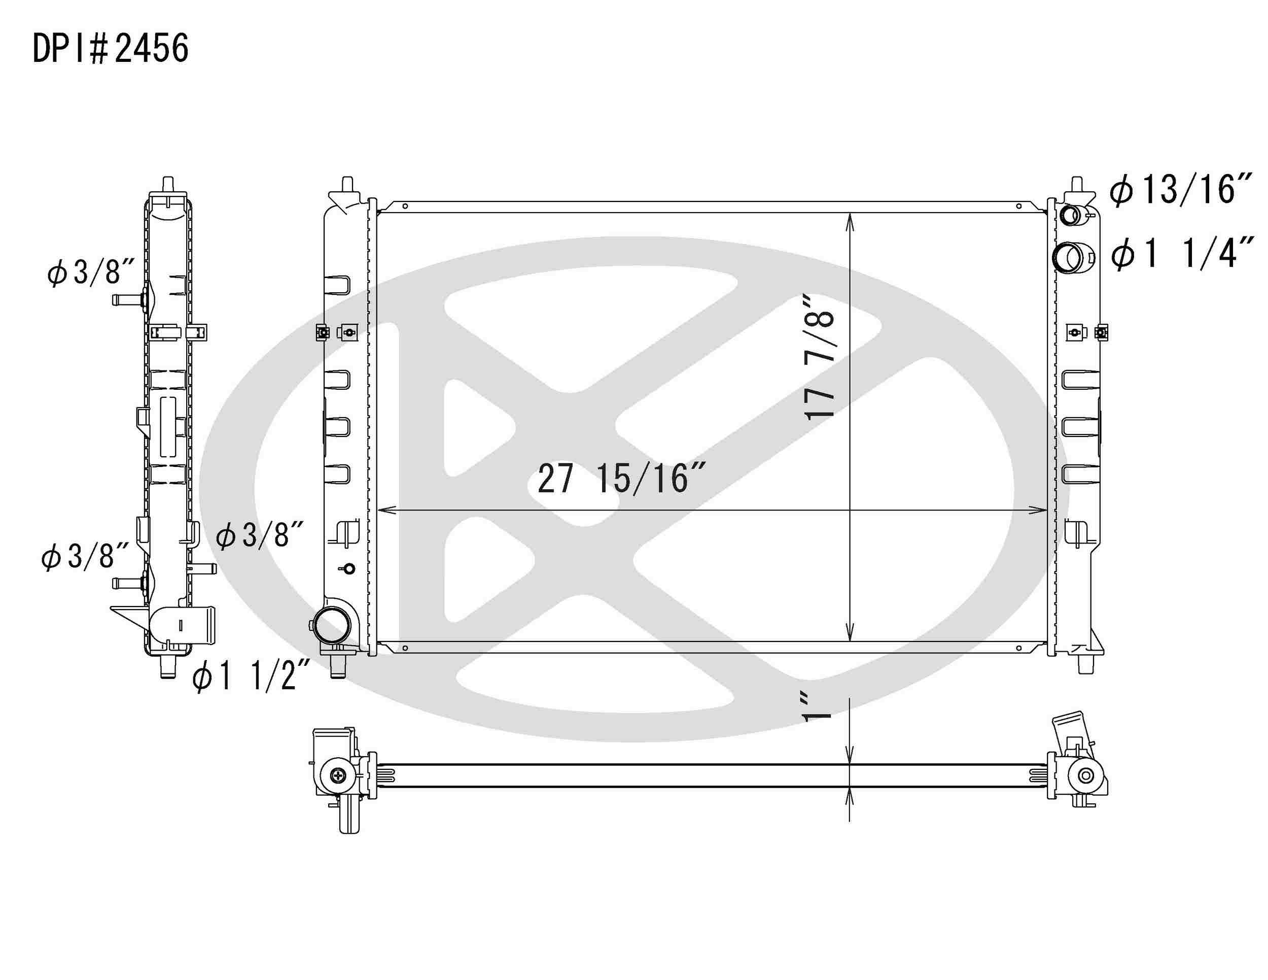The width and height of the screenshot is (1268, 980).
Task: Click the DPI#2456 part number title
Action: [x=110, y=49]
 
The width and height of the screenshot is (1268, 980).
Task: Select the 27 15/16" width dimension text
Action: [x=621, y=479]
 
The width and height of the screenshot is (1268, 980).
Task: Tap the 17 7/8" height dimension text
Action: [x=819, y=356]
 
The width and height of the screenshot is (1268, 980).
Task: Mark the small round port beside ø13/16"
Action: [x=1070, y=216]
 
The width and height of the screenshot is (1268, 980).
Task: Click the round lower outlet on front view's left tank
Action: [x=332, y=626]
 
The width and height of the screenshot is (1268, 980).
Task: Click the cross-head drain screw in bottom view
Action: [x=338, y=775]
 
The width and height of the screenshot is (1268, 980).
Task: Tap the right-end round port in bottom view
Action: [x=1085, y=775]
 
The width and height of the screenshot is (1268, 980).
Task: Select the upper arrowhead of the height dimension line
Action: [x=850, y=221]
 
